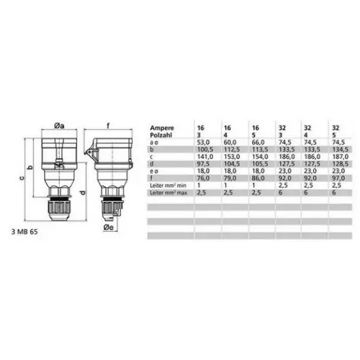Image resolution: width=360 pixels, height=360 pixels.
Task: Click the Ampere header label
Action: (x=162, y=127)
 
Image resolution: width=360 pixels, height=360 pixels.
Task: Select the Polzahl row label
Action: (x=161, y=135)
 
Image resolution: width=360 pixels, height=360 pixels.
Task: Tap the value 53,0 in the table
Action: (x=203, y=143)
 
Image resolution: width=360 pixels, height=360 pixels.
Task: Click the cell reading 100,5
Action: (x=205, y=150)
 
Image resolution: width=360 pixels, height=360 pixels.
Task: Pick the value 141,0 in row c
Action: (x=205, y=157)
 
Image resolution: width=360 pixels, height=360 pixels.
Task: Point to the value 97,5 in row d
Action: (x=203, y=164)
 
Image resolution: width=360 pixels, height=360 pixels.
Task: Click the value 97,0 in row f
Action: (x=338, y=178)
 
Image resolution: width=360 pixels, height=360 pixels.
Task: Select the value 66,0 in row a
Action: (x=258, y=143)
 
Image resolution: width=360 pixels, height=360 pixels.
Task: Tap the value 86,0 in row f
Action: (x=258, y=178)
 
